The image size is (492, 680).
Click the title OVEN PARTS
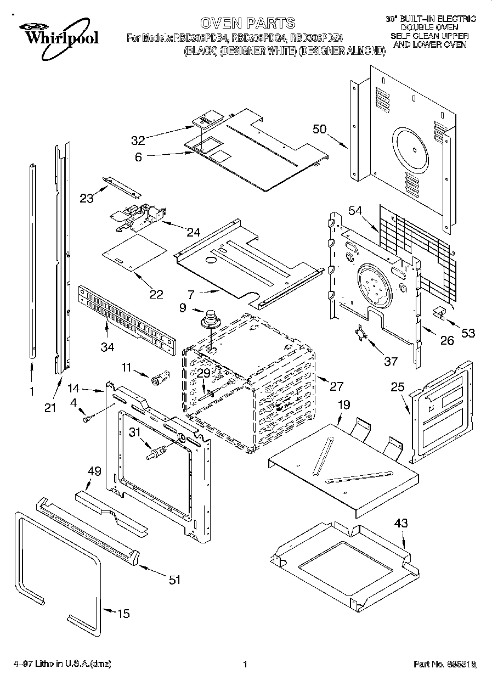point(247,23)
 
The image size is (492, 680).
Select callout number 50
point(319,130)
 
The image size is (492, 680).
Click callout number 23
point(87,198)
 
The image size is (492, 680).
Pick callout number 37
point(390,361)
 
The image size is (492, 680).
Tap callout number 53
point(468,333)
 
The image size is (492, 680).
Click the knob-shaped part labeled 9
point(210,318)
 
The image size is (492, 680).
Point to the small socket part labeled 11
point(159,378)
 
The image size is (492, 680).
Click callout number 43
point(401,524)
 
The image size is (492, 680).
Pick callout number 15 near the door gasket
point(124,613)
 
